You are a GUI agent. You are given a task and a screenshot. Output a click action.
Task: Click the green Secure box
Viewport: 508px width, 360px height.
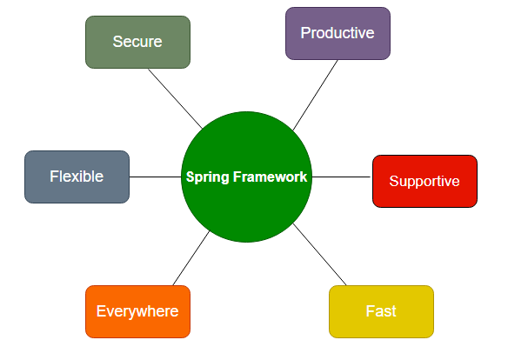coord(137,42)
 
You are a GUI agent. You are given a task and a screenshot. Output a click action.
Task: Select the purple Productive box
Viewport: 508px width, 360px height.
coord(338,33)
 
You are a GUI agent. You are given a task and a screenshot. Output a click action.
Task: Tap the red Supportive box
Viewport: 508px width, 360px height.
coord(424,181)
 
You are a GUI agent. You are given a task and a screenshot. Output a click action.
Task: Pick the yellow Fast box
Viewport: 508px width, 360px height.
coord(381,311)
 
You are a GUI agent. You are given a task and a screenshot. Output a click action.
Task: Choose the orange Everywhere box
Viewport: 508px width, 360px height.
coord(137,311)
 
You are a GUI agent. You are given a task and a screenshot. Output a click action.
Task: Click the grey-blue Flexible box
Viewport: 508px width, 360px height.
coord(77,177)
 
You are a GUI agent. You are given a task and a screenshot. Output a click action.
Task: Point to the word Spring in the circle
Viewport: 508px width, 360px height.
coord(207,177)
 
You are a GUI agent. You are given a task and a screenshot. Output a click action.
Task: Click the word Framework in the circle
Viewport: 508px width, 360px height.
coord(270,177)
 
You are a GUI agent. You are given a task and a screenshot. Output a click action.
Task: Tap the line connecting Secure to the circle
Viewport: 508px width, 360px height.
coord(175,98)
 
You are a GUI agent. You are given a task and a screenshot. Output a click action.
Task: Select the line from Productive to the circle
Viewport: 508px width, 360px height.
coord(315,95)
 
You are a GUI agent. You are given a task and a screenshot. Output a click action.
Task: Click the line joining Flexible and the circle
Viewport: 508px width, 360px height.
coord(155,177)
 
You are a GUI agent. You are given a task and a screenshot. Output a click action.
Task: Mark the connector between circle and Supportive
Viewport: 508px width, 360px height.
coord(341,177)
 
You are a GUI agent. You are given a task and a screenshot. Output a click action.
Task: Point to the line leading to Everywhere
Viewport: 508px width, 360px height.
coord(191,258)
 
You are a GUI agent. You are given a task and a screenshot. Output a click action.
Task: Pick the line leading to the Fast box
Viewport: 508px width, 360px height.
coord(320,255)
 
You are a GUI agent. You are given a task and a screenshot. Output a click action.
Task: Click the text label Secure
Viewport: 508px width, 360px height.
coord(137,42)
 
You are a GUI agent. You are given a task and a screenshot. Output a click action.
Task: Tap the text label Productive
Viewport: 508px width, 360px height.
coord(338,33)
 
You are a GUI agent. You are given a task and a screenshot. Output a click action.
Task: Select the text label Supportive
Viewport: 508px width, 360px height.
coord(424,181)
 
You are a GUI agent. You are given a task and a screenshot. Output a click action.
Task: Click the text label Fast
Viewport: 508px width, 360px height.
coord(381,311)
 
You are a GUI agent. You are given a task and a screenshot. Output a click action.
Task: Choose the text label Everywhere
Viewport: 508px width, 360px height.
coord(137,311)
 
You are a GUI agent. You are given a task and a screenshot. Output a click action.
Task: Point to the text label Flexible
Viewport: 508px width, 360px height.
coord(77,177)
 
